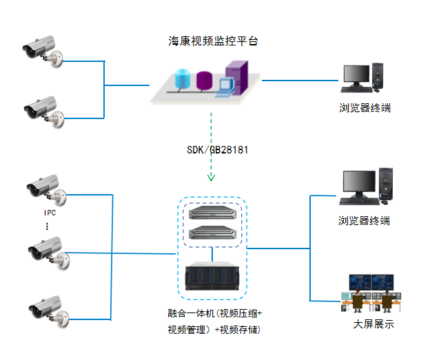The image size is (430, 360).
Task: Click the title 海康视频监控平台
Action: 213,41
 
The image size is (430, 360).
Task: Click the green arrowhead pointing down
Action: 211,178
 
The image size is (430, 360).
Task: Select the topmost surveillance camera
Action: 43,52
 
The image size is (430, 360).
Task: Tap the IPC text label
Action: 49,213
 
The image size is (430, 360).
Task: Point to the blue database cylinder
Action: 183,78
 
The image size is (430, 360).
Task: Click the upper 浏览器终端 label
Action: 365,107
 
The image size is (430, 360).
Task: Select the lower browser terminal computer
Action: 365,186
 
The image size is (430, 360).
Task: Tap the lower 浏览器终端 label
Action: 365,221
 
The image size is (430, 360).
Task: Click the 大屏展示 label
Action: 373,324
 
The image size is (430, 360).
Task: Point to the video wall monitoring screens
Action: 373,283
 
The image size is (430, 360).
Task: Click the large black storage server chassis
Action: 212,278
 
